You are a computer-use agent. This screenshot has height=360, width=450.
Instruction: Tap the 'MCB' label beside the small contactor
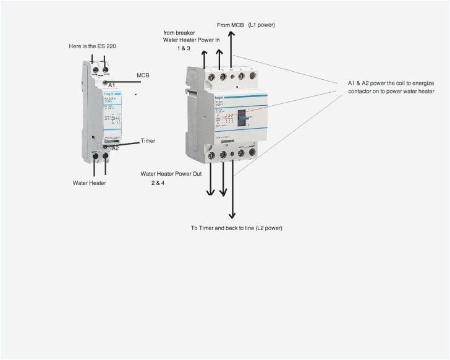click(x=143, y=75)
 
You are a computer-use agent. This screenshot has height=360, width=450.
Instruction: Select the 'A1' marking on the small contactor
click(x=112, y=85)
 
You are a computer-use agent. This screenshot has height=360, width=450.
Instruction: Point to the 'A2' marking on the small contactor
click(x=114, y=148)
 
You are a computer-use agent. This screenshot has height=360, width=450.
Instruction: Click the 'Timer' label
click(x=148, y=141)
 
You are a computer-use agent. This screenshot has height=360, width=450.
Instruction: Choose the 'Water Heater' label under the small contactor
click(x=90, y=183)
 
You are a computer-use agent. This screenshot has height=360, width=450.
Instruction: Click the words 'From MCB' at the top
click(x=230, y=25)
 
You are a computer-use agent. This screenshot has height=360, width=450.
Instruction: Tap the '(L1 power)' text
click(x=261, y=25)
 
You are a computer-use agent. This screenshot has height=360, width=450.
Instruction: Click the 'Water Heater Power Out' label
click(x=171, y=174)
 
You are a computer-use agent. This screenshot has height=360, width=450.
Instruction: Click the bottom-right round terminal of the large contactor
click(x=252, y=154)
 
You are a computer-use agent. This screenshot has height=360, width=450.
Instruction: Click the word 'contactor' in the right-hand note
click(x=354, y=92)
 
